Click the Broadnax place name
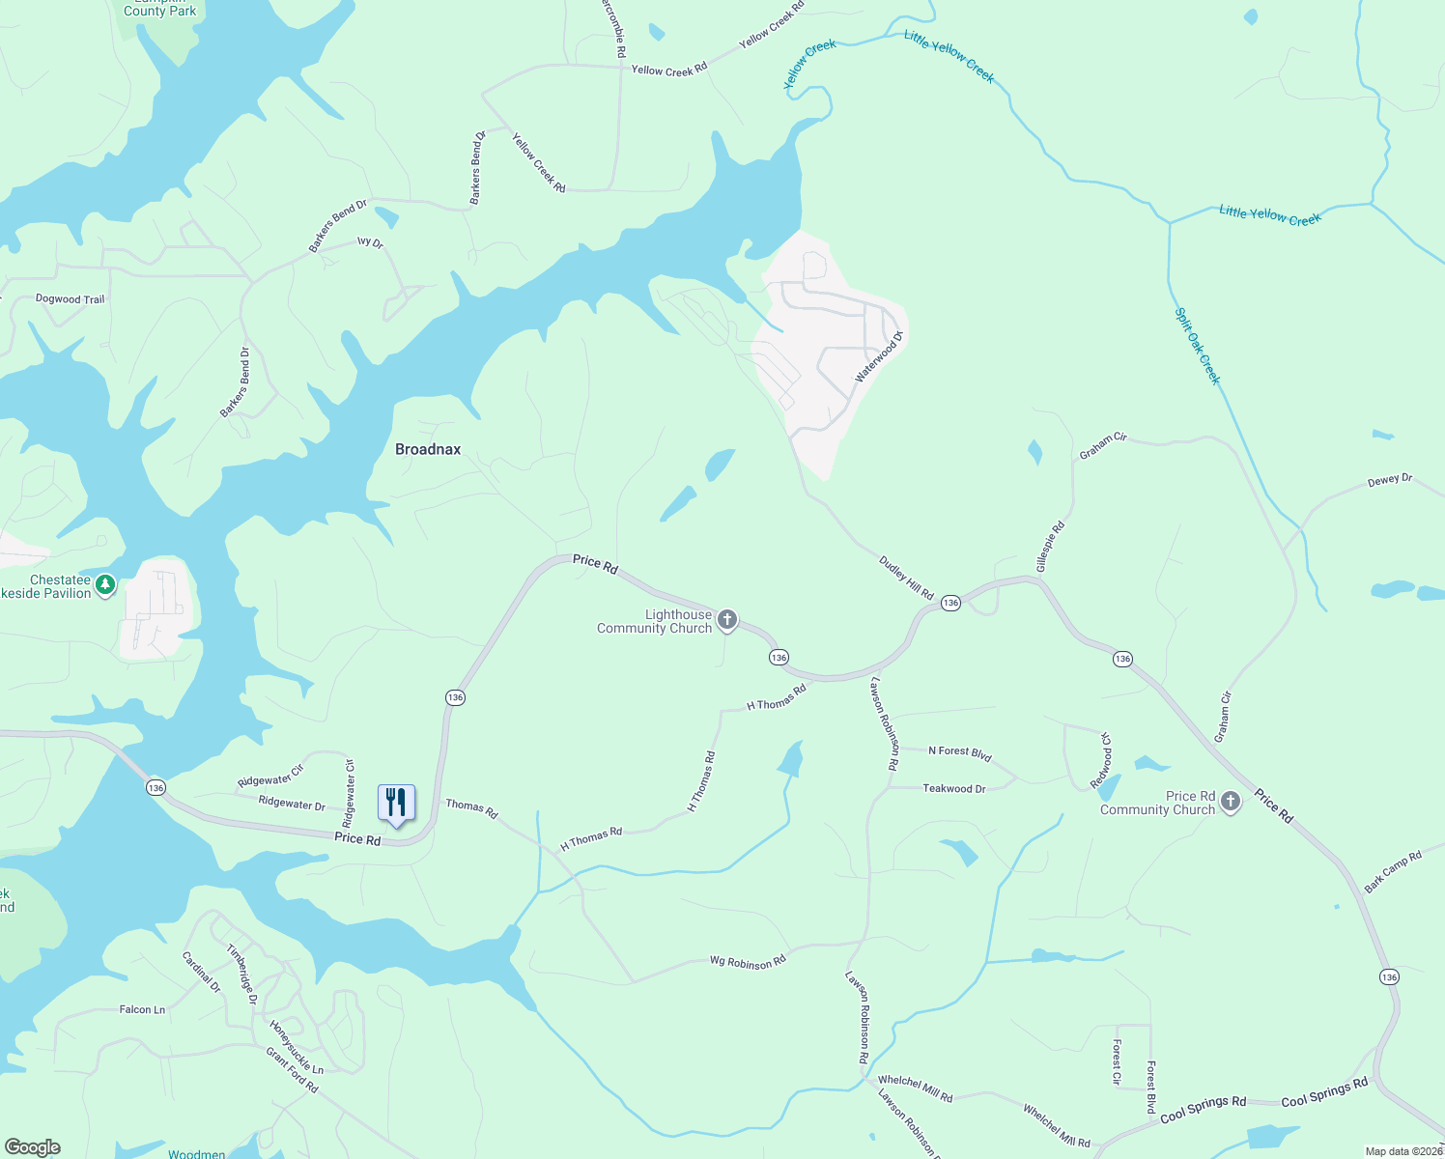pos(428,449)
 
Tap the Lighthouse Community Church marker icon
pos(727,620)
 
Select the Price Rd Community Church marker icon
pos(1230,801)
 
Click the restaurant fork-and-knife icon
pos(396,803)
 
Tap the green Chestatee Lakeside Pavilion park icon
pos(105,584)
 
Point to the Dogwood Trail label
pos(70,299)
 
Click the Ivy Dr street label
pos(370,242)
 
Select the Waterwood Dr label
pos(878,357)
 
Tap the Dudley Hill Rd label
pos(906,578)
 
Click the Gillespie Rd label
pos(1050,547)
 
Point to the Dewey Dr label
pos(1390,480)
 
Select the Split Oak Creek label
pos(1198,346)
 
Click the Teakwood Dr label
pos(953,789)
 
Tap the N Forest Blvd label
pos(959,752)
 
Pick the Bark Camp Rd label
pos(1393,871)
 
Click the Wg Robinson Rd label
pos(748,962)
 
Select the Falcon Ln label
pos(142,1010)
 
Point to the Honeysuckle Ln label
pos(297,1047)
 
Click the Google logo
pos(32,1147)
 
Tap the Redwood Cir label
pos(1101,760)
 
